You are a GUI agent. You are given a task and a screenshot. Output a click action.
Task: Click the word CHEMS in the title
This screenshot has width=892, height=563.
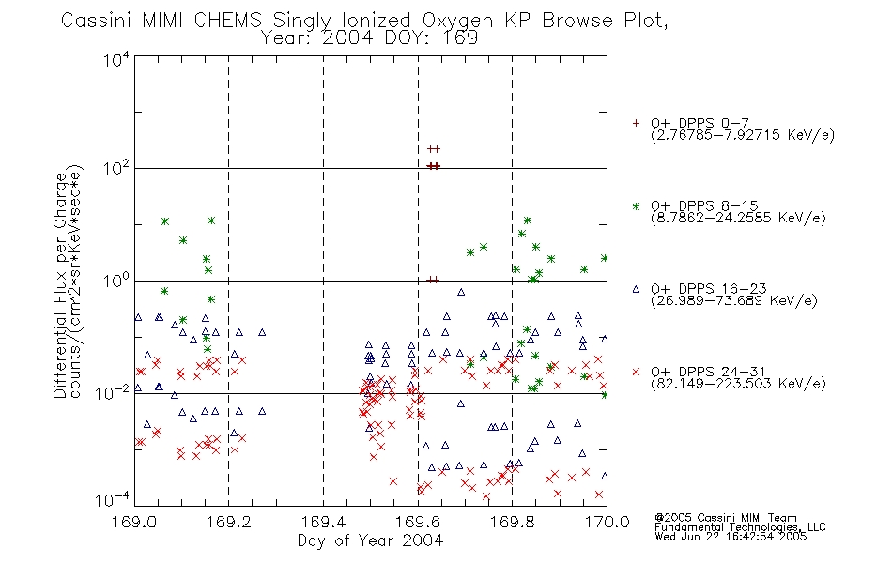227,21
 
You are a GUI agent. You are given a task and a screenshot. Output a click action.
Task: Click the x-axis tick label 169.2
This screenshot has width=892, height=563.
229,522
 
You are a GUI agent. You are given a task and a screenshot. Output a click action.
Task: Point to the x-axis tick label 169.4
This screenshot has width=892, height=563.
323,522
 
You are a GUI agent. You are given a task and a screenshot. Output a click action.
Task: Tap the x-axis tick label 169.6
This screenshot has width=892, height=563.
418,522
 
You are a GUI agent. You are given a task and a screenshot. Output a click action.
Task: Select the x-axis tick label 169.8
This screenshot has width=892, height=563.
512,522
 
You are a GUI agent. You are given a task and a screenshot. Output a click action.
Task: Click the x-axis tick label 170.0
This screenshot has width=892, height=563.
607,522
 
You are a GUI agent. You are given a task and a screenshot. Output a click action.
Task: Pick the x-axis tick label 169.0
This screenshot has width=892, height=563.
134,522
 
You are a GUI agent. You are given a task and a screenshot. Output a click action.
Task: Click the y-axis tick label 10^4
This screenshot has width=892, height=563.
116,59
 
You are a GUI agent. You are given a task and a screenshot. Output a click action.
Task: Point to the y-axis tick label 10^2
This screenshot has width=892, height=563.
116,168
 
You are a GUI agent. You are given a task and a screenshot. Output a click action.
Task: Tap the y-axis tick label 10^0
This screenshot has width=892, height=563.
116,281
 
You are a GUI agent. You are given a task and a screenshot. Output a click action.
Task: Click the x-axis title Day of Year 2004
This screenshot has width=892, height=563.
370,540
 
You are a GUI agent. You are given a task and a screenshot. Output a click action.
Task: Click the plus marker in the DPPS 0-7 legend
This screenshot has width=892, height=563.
636,123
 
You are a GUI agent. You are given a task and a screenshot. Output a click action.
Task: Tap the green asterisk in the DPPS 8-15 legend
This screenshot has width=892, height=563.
636,205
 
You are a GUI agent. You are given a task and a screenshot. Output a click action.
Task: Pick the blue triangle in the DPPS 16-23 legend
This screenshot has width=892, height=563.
636,289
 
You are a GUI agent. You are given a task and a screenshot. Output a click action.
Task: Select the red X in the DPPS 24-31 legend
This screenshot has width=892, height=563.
636,372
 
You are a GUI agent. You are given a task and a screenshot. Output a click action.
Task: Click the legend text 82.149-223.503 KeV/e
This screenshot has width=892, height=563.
738,384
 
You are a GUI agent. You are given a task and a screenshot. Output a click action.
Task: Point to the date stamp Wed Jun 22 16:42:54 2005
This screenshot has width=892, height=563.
731,537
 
